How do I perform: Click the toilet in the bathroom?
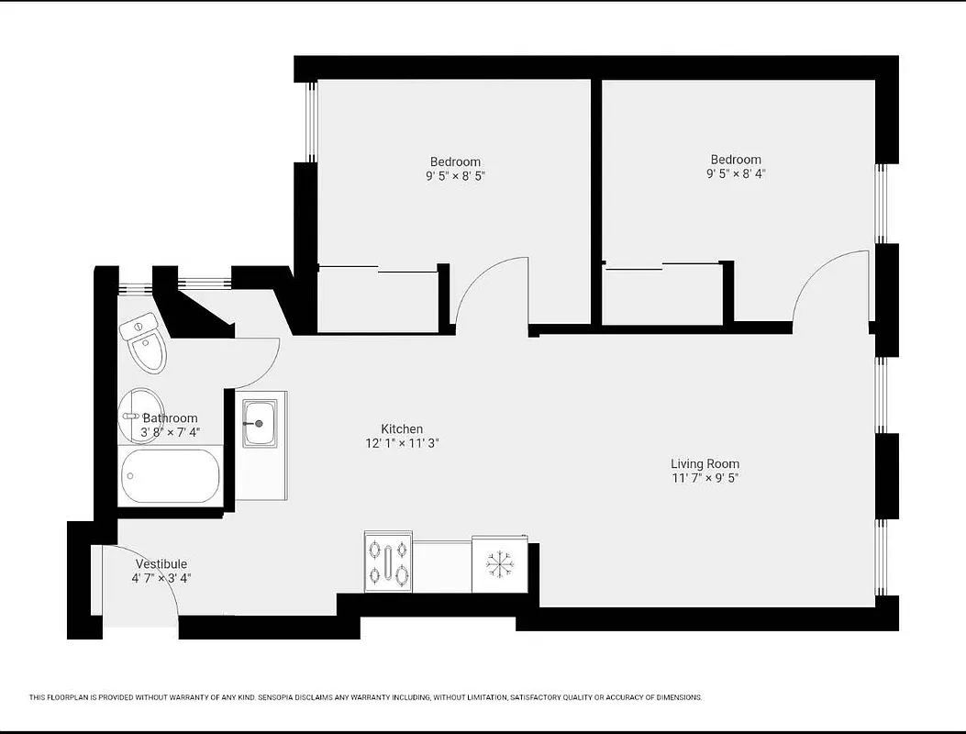(145, 344)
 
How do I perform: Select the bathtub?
(171, 476)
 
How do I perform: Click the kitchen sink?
(260, 423)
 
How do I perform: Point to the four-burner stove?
(388, 562)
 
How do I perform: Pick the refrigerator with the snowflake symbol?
(500, 564)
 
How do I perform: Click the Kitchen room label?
(402, 428)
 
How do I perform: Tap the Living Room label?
(705, 463)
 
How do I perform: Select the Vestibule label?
(161, 563)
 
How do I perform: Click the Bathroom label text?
(170, 418)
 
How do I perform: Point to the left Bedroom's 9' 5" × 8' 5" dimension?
(455, 176)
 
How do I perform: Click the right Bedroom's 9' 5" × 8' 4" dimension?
(735, 173)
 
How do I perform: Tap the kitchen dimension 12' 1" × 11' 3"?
(402, 443)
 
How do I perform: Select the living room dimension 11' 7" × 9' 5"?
(705, 478)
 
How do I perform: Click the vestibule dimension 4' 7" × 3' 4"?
(161, 578)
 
